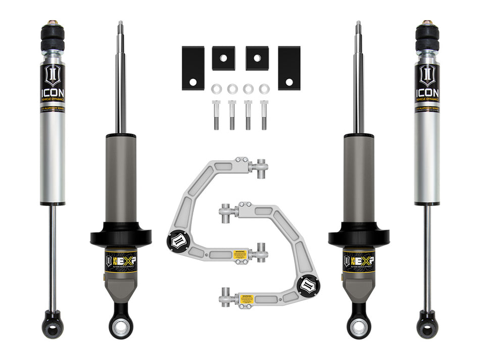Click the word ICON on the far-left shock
coord(53,93)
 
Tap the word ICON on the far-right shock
coord(427,93)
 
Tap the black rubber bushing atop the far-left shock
coord(53,38)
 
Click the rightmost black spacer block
coord(289,68)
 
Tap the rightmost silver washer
coord(264,89)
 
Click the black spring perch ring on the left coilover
coord(121,236)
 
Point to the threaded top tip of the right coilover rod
coord(358,27)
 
